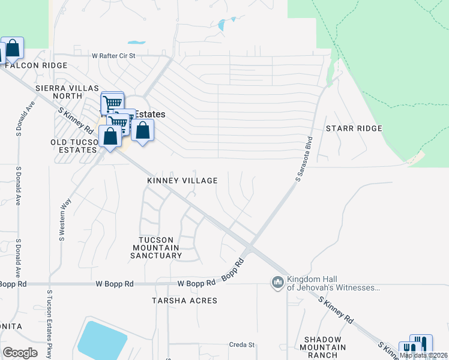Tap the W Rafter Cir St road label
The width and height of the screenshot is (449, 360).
[x=115, y=56]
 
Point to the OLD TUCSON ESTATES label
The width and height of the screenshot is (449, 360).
[x=74, y=146]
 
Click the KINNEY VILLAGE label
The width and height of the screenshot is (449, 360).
[x=182, y=180]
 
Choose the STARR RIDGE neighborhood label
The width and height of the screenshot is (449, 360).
[x=354, y=128]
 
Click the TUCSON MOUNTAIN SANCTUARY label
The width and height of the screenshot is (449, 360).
[x=156, y=247]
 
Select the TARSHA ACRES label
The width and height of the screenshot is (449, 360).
[x=184, y=300]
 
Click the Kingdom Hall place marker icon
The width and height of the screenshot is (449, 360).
[x=277, y=282]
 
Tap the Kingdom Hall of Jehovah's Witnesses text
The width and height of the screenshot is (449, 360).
[x=333, y=283]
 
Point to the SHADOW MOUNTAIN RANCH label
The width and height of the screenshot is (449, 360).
[x=325, y=347]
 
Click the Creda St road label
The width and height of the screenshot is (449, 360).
[x=242, y=345]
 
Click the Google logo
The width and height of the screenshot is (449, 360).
[x=20, y=353]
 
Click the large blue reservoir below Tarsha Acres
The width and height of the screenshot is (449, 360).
[x=102, y=340]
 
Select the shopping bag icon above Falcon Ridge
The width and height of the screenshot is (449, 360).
[x=13, y=47]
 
